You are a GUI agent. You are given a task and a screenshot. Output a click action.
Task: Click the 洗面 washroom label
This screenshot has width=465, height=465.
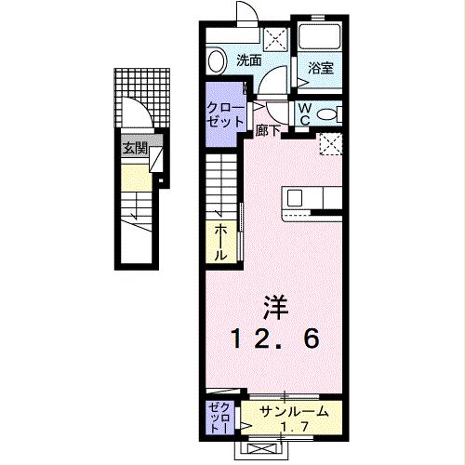tap(247, 60)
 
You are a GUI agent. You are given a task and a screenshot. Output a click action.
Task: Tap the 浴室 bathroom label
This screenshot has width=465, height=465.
tap(321, 68)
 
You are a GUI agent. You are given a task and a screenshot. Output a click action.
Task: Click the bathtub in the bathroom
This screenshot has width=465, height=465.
tap(321, 36)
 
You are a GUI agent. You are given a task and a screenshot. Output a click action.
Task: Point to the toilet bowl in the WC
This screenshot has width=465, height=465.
tap(325, 113)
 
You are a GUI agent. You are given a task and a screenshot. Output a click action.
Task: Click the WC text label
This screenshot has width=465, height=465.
tap(305, 112)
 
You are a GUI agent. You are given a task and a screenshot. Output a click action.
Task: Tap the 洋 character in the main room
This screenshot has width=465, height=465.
tap(272, 305)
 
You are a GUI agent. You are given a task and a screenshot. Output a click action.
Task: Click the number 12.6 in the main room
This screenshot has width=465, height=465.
tap(275, 339)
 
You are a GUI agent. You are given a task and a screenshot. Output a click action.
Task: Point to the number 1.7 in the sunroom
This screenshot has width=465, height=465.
tap(295, 427)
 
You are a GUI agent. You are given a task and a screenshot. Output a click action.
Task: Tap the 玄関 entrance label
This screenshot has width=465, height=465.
tap(134, 148)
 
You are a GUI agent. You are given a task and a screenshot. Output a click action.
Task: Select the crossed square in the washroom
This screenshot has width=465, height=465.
tap(275, 39)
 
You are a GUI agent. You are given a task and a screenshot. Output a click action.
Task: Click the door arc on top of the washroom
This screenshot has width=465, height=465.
tap(246, 13)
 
